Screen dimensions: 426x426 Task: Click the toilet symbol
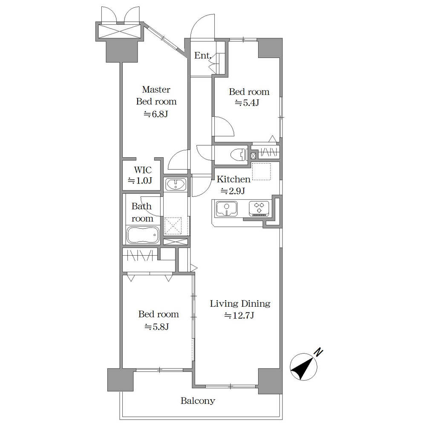click(x=239, y=155)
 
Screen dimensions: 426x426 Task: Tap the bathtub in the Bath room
click(x=143, y=234)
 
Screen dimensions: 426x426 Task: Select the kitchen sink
click(x=226, y=209)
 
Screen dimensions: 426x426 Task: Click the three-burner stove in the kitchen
click(x=259, y=209)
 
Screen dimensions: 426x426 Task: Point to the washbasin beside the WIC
click(x=176, y=184)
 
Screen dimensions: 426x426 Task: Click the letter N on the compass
click(x=318, y=352)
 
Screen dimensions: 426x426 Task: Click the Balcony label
click(x=198, y=401)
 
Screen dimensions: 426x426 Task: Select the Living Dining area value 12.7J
click(x=239, y=315)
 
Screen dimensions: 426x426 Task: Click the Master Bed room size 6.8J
click(x=156, y=114)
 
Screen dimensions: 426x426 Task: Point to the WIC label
click(x=143, y=170)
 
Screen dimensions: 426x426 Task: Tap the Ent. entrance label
click(x=203, y=55)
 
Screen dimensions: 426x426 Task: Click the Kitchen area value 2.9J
click(x=233, y=191)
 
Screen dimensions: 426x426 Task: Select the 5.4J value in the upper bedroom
click(x=247, y=103)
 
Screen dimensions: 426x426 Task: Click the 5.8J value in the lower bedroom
click(x=157, y=326)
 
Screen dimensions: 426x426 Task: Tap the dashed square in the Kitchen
click(x=262, y=171)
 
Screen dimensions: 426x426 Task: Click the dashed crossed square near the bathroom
click(x=173, y=226)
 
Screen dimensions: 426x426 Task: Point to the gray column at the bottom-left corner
click(x=121, y=380)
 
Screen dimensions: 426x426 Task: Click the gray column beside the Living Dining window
click(x=270, y=381)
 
